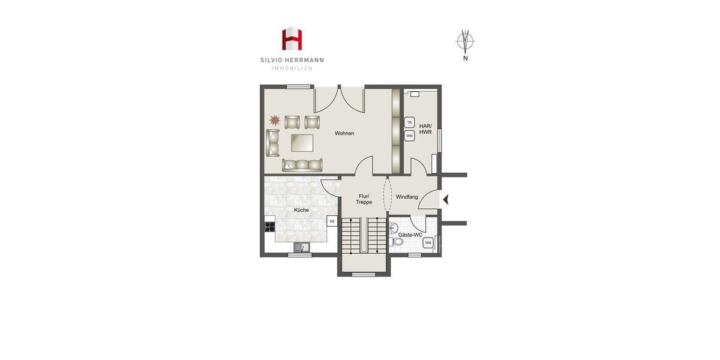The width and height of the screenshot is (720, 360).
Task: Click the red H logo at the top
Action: (x=293, y=39)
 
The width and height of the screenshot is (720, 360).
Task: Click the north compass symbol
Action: (x=465, y=41)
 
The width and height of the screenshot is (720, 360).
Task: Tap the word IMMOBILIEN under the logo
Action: (x=292, y=68)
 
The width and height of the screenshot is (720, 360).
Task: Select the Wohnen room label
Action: (x=344, y=133)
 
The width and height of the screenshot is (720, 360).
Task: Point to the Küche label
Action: (x=301, y=210)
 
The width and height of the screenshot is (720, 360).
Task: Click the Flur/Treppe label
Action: (x=364, y=199)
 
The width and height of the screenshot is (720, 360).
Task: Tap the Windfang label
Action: (x=407, y=197)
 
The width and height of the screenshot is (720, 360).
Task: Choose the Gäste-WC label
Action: (x=410, y=235)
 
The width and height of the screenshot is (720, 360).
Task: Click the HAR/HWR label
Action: (x=425, y=128)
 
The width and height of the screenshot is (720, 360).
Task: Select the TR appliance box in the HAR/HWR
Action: (x=410, y=122)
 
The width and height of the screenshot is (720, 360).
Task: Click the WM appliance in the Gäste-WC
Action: (x=428, y=243)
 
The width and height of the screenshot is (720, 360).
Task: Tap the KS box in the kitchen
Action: (x=332, y=221)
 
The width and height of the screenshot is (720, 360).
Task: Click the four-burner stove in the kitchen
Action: (x=269, y=227)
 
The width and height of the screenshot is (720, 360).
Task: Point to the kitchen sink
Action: (x=302, y=247)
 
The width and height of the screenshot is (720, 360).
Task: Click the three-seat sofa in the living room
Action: (x=302, y=164)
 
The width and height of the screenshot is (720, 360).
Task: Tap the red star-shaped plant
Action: (x=274, y=120)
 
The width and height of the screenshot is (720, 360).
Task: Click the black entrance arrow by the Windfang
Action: (x=445, y=199)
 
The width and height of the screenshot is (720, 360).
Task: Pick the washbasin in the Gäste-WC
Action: (x=394, y=227)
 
